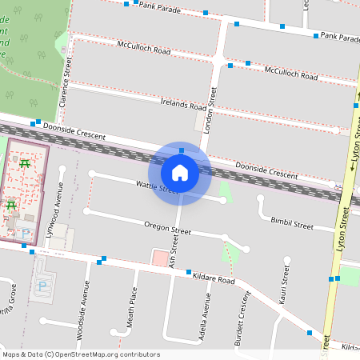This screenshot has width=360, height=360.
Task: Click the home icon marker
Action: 180,173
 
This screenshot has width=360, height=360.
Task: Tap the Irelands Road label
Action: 183,106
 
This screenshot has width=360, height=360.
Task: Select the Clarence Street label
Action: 66,82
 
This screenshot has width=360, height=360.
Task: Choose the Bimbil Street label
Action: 292,224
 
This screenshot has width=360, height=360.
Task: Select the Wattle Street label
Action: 157,187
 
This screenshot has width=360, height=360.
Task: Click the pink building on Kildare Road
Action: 161,258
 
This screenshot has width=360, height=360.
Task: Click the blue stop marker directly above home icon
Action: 182,150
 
